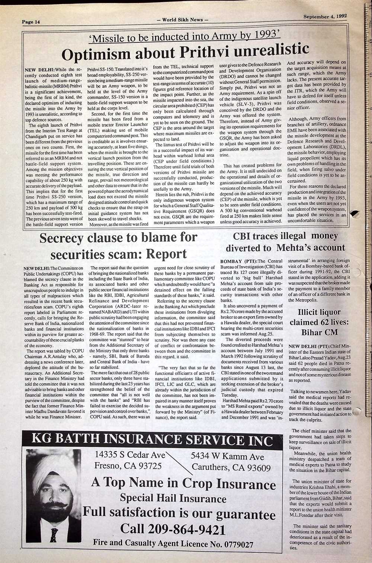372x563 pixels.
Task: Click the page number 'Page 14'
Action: [31, 22]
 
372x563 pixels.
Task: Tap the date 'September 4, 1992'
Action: [325, 16]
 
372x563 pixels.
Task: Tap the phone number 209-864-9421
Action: [187, 529]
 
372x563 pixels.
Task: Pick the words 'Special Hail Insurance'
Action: [173, 498]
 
